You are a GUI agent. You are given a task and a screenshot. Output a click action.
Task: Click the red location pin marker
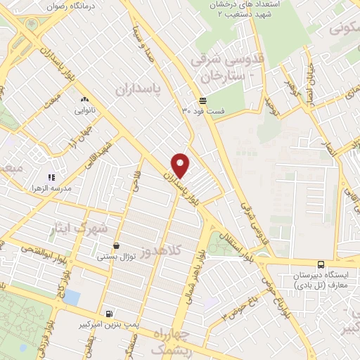[181, 165]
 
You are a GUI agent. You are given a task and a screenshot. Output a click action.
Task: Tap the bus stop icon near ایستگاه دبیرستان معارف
[321, 264]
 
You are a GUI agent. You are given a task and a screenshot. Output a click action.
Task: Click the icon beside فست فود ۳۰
[202, 100]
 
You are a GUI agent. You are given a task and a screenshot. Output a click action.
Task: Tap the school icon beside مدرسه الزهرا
[51, 177]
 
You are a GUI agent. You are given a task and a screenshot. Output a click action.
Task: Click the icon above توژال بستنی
[116, 246]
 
